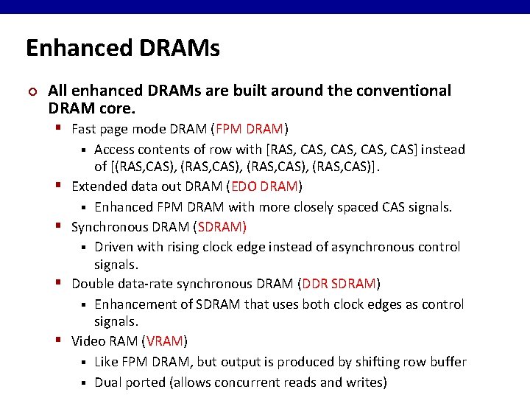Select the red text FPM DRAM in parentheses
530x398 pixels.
pyautogui.click(x=250, y=130)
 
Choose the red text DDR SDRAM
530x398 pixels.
pyautogui.click(x=339, y=284)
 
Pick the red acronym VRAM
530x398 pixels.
pyautogui.click(x=165, y=341)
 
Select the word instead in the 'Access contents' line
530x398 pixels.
pyautogui.click(x=443, y=150)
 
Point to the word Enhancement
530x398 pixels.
pyautogui.click(x=132, y=304)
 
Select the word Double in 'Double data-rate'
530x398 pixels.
pyautogui.click(x=92, y=284)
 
